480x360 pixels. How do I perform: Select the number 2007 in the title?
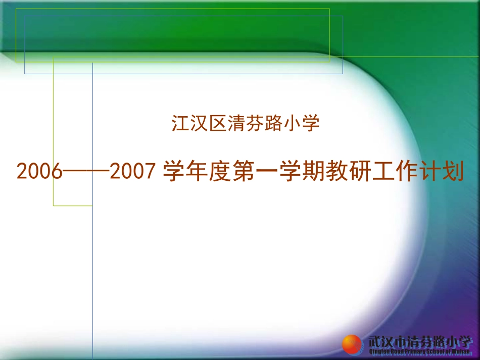[131, 173]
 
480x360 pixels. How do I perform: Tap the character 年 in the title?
[197, 172]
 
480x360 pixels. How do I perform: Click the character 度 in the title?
[219, 172]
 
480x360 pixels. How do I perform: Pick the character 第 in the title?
[242, 172]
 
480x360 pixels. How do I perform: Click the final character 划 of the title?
[452, 172]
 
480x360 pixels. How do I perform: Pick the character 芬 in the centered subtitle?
[255, 123]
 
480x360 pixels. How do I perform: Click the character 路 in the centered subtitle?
[274, 123]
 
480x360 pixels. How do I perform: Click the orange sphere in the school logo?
[352, 345]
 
